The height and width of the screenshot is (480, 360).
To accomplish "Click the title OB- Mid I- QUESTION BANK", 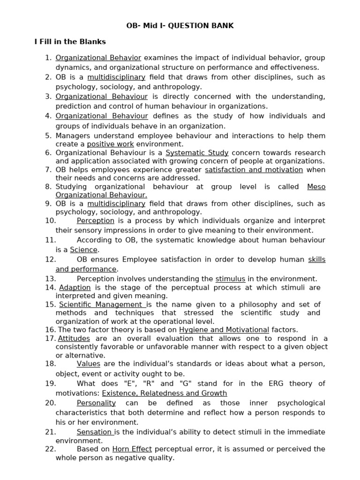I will tap(180, 25).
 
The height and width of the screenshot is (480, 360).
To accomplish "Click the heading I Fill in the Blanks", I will tap(70, 42).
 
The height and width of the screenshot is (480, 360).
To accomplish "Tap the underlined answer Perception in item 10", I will tap(96, 221).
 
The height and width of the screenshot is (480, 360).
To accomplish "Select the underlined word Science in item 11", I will tap(83, 250).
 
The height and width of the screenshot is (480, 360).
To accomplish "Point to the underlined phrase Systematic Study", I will tap(197, 152).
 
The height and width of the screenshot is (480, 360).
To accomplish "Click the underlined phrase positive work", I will tap(110, 144).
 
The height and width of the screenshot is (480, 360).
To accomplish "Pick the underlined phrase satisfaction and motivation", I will tap(254, 170).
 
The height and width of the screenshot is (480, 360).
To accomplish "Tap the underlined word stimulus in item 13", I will tap(230, 278).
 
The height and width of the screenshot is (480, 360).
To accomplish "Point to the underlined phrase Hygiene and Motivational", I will tap(224, 330).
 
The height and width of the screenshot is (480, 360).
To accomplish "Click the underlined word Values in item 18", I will tap(89, 364).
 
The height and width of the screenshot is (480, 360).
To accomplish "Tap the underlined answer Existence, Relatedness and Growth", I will tap(165, 393).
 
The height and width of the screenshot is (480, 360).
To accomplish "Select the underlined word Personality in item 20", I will tap(96, 403).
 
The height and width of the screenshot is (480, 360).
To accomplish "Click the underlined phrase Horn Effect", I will tap(132, 449).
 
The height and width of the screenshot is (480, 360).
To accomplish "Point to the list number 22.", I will tap(51, 449).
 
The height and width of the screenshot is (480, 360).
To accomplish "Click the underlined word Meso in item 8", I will tap(316, 187).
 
